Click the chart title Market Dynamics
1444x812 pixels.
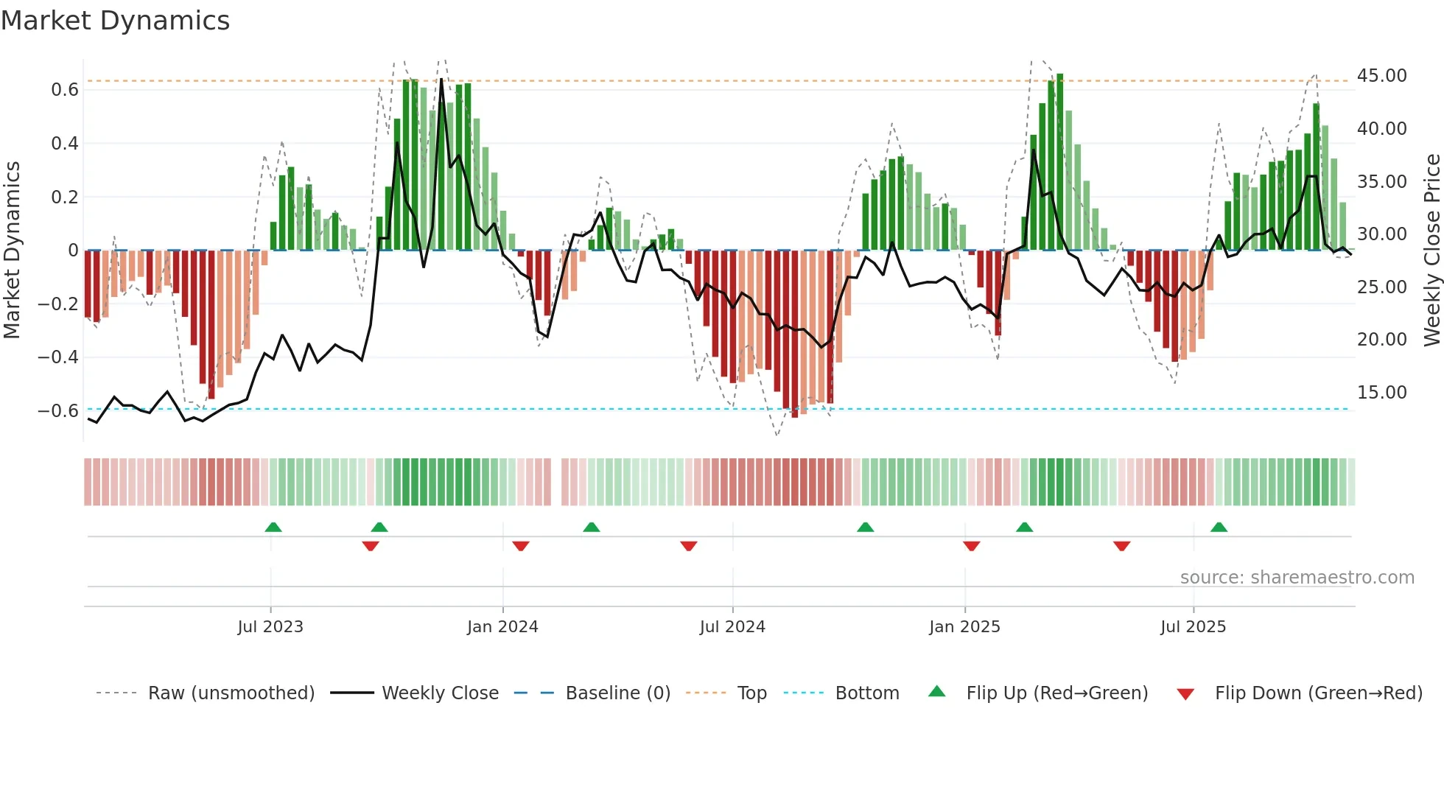[115, 21]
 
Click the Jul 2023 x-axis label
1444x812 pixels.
[270, 627]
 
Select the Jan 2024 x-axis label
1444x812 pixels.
[502, 627]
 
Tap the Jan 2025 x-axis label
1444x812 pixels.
[964, 627]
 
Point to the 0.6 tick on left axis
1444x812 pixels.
[64, 90]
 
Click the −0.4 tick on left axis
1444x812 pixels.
[58, 357]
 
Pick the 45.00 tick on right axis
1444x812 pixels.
[1381, 76]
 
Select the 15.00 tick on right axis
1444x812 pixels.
[1381, 393]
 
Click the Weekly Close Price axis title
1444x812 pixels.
[1431, 250]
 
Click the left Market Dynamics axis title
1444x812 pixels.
[12, 250]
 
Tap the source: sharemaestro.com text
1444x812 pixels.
[1297, 578]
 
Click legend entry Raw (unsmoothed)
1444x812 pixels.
[231, 693]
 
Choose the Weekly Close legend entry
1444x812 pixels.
[440, 693]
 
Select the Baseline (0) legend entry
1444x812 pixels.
[617, 693]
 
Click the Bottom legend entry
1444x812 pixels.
[866, 693]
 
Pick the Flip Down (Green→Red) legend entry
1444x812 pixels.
[1318, 693]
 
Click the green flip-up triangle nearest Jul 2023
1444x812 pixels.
[273, 528]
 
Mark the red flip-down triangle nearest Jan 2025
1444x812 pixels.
[971, 546]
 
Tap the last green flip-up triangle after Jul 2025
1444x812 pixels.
[1219, 528]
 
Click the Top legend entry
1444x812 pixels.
[751, 693]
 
